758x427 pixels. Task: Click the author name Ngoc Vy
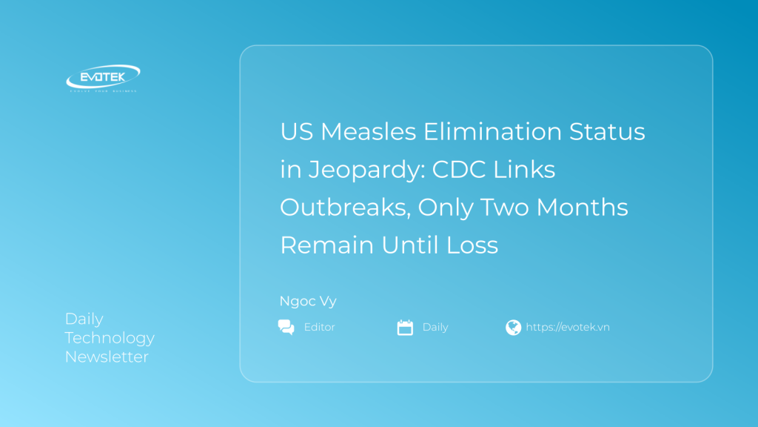(308, 301)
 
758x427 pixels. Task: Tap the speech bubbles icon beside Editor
(286, 327)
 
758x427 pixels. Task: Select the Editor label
(320, 327)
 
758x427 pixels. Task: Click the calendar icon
(405, 327)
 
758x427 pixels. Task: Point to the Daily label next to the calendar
(435, 327)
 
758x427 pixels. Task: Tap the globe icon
(513, 327)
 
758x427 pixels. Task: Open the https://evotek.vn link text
(568, 327)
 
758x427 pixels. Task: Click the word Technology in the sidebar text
(110, 338)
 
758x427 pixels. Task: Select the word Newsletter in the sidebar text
(107, 357)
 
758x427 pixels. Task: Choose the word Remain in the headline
(326, 245)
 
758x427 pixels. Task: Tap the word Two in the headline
(504, 208)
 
